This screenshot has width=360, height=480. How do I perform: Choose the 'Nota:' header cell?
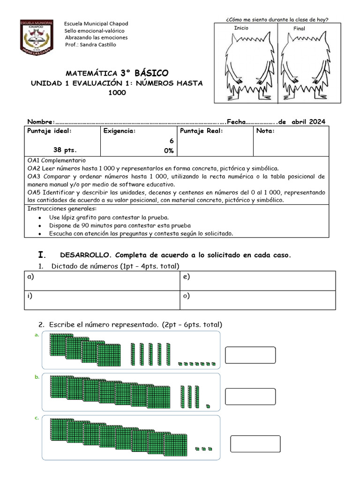tap(266, 131)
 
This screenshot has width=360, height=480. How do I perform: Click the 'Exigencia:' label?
tap(120, 131)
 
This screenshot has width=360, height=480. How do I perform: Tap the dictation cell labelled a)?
tap(102, 281)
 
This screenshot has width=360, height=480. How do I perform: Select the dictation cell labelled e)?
tap(258, 281)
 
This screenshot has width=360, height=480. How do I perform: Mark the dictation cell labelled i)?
tap(102, 300)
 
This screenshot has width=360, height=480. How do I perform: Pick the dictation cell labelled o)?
tap(258, 300)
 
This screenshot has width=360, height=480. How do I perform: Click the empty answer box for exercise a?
tap(250, 355)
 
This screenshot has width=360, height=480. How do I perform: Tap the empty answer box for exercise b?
tap(250, 397)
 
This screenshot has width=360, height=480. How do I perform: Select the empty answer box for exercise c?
tap(255, 444)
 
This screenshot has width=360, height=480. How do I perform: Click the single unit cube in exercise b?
tap(208, 406)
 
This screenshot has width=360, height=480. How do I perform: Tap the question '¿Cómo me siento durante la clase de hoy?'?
tap(277, 19)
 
